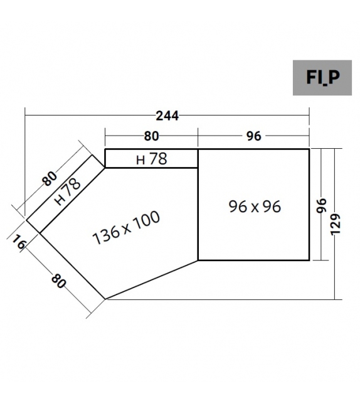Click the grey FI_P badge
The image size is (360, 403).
tap(322, 77)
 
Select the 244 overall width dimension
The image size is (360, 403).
tap(167, 116)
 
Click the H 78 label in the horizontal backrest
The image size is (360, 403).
tap(152, 159)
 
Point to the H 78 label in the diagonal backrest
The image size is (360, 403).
tap(67, 192)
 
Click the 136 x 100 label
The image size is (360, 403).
tap(126, 228)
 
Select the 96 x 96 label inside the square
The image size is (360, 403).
tap(255, 206)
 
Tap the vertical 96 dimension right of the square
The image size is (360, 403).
tap(322, 206)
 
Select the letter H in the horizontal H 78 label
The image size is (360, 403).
tap(141, 160)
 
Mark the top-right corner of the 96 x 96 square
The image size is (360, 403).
tap(309, 149)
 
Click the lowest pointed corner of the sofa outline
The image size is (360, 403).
tap(106, 299)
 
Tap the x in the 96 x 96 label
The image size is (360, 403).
tap(255, 207)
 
